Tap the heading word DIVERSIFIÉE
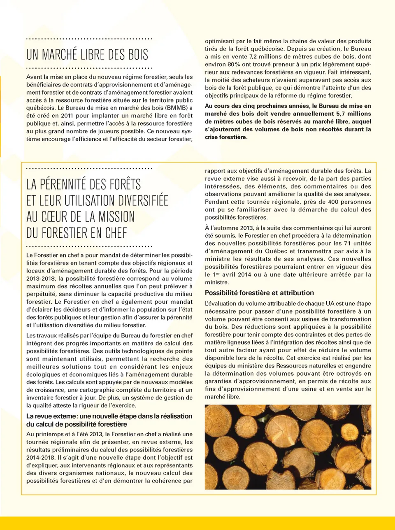tap(137, 201)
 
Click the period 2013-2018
tap(40, 279)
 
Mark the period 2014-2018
tap(40, 458)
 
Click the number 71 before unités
tap(349, 244)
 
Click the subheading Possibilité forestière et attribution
tap(259, 293)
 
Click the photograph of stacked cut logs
tap(288, 447)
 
